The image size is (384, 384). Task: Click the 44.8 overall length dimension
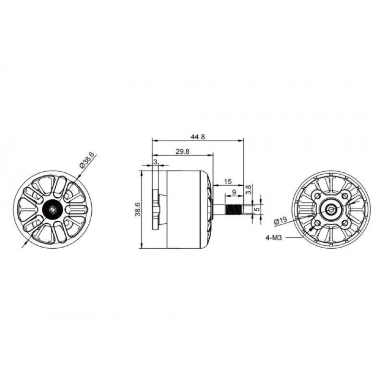(x=197, y=137)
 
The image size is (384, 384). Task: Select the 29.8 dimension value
(x=182, y=151)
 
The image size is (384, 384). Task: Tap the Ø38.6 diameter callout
(x=87, y=159)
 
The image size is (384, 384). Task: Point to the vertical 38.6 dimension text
(x=138, y=209)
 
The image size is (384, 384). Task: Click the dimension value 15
(x=228, y=181)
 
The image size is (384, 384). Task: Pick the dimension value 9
(x=234, y=192)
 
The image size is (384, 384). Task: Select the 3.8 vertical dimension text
(x=248, y=190)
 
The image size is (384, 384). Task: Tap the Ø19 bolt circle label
(x=281, y=220)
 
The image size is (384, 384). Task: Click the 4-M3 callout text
(x=274, y=237)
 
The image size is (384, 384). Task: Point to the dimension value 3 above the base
(x=155, y=162)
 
